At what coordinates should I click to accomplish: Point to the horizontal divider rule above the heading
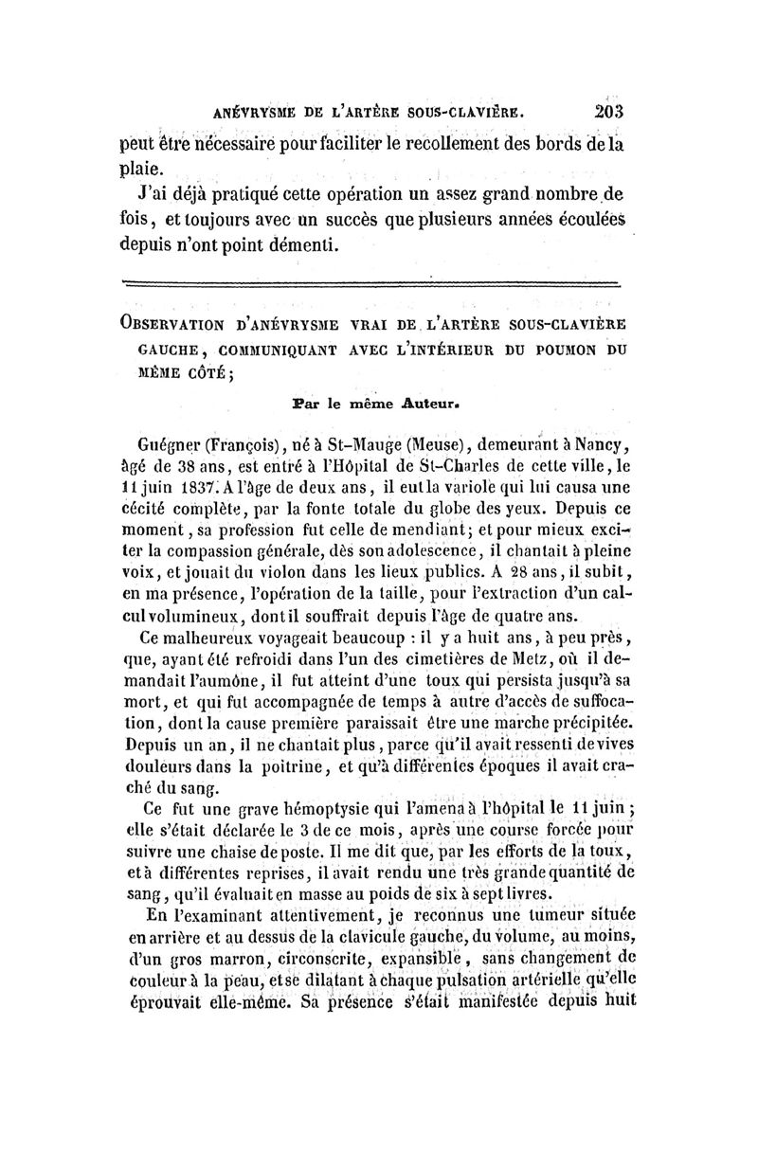tap(371, 282)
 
